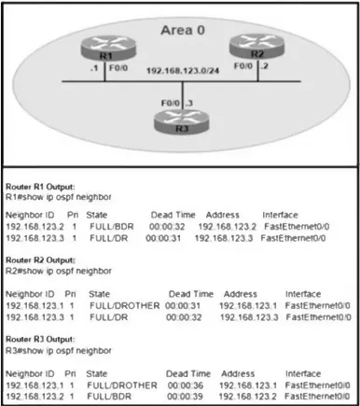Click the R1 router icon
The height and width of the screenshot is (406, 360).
coord(108,48)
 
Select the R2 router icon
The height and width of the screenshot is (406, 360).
coord(256,46)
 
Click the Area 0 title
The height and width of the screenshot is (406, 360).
coord(183,30)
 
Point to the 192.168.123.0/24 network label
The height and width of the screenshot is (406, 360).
coord(183,71)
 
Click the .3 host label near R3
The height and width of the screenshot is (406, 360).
coord(189,103)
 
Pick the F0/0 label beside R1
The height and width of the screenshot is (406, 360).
coord(118,68)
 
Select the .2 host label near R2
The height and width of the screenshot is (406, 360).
coord(264,66)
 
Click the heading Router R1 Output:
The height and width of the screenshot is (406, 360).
coord(40,187)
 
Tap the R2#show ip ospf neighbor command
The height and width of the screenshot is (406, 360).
coord(59,271)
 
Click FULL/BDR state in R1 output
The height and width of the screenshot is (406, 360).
coord(112,227)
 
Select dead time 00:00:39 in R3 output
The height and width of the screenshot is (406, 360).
coord(185,397)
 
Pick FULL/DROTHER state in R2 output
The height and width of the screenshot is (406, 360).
coord(125,306)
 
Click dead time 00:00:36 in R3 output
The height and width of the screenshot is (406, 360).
coord(186,385)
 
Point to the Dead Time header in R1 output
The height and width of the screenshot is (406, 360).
coord(173,215)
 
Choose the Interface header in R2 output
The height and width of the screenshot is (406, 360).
coord(303,294)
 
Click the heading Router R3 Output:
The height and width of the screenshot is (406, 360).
coord(40,339)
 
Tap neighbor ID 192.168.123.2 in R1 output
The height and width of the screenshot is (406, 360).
coord(35,227)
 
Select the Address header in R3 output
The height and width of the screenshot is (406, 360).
coord(238,373)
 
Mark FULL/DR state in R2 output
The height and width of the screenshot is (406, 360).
coord(109,317)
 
